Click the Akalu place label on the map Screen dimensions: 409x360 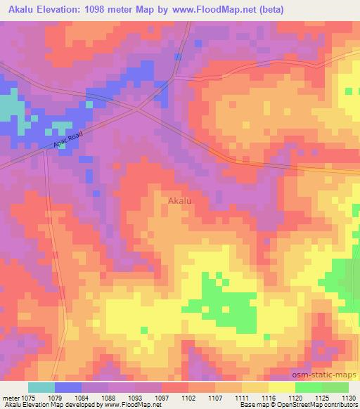(x=180, y=201)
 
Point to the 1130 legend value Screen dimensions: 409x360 (x=347, y=397)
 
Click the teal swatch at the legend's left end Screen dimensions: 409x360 (x=41, y=387)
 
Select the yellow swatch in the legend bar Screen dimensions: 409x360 (x=281, y=387)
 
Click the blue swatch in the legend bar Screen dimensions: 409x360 (x=68, y=387)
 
